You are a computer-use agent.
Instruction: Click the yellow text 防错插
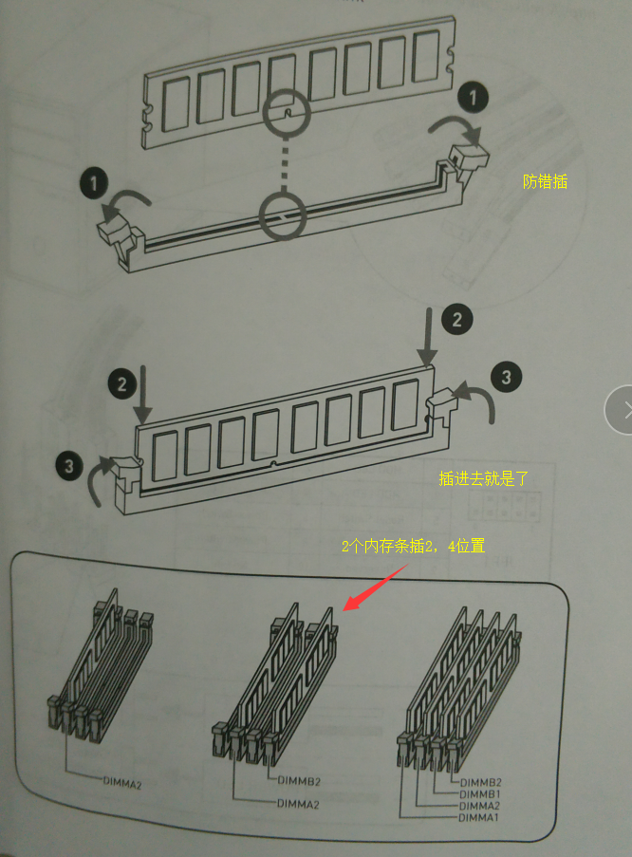(x=545, y=181)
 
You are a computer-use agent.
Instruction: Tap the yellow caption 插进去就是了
(x=484, y=478)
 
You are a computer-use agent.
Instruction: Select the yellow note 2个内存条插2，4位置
(x=414, y=546)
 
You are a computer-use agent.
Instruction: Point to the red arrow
(x=375, y=587)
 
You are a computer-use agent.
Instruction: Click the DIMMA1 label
(x=478, y=818)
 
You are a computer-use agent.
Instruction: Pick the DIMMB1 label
(x=480, y=794)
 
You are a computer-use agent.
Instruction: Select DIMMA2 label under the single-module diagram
(x=122, y=783)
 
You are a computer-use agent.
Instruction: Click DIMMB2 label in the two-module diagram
(x=299, y=781)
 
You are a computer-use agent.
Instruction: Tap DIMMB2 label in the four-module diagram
(x=480, y=783)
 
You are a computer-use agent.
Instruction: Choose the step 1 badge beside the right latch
(x=473, y=98)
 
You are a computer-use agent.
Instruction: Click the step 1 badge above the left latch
(x=94, y=183)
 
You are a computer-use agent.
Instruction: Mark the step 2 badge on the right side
(x=457, y=319)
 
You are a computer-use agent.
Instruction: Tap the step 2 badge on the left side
(x=121, y=384)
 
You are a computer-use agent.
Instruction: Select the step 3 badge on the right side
(x=506, y=377)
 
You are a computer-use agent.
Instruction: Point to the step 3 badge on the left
(x=69, y=466)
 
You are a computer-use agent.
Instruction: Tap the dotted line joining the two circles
(x=283, y=164)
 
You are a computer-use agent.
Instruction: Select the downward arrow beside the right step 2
(x=429, y=336)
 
